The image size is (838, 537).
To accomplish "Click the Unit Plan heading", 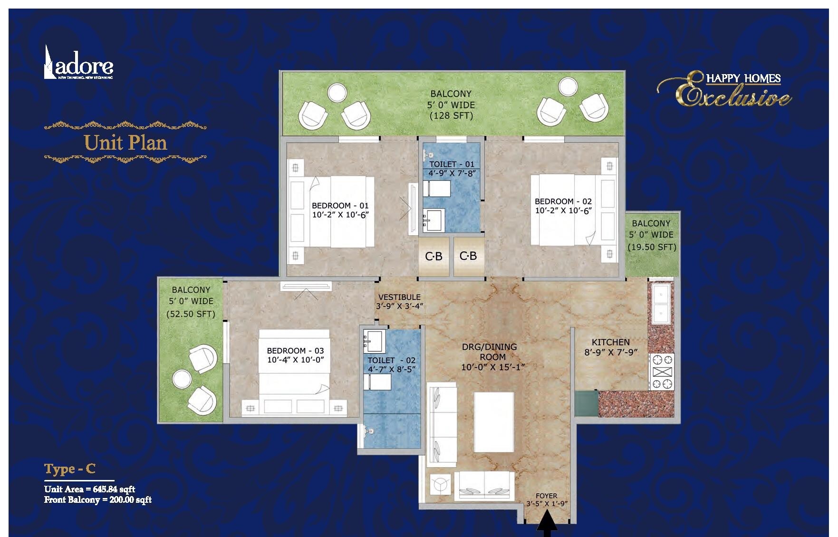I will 125,143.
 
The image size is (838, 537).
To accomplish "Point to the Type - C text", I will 70,469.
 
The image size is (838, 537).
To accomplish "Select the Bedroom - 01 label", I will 340,205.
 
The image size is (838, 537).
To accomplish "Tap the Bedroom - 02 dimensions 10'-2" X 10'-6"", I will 563,211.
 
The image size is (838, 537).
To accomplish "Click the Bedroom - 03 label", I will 295,351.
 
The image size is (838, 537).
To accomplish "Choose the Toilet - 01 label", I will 452,164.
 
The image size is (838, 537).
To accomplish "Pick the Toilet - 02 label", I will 391,360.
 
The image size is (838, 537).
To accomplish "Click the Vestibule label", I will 399,297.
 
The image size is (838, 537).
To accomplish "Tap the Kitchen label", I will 610,342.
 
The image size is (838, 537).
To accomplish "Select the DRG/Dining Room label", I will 489,352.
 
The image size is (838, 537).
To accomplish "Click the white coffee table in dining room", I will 493,422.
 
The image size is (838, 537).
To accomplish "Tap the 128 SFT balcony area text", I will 451,115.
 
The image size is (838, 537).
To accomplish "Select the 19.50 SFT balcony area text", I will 652,247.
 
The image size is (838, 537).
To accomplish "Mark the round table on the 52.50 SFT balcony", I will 182,379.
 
